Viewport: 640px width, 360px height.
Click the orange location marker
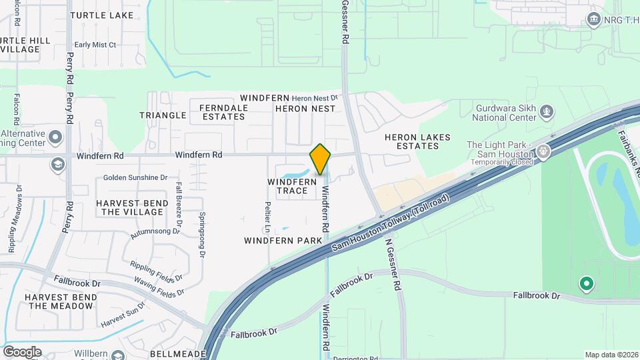pos(321,159)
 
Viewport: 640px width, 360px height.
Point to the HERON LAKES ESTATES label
pos(417,141)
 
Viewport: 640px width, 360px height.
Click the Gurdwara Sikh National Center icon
pos(547,111)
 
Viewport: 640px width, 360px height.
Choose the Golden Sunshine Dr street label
pos(135,177)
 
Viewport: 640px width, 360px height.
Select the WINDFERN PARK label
pos(283,240)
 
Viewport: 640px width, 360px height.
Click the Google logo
pos(22,351)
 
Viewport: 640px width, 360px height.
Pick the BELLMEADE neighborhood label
pos(175,353)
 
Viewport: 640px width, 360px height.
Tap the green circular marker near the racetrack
pos(587,284)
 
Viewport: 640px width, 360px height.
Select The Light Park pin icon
pos(544,151)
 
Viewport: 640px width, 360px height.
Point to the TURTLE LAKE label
pos(111,15)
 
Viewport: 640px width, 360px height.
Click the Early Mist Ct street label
pos(95,45)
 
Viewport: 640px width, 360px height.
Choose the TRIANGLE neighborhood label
pos(163,115)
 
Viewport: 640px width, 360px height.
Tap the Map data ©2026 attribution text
pos(611,355)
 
